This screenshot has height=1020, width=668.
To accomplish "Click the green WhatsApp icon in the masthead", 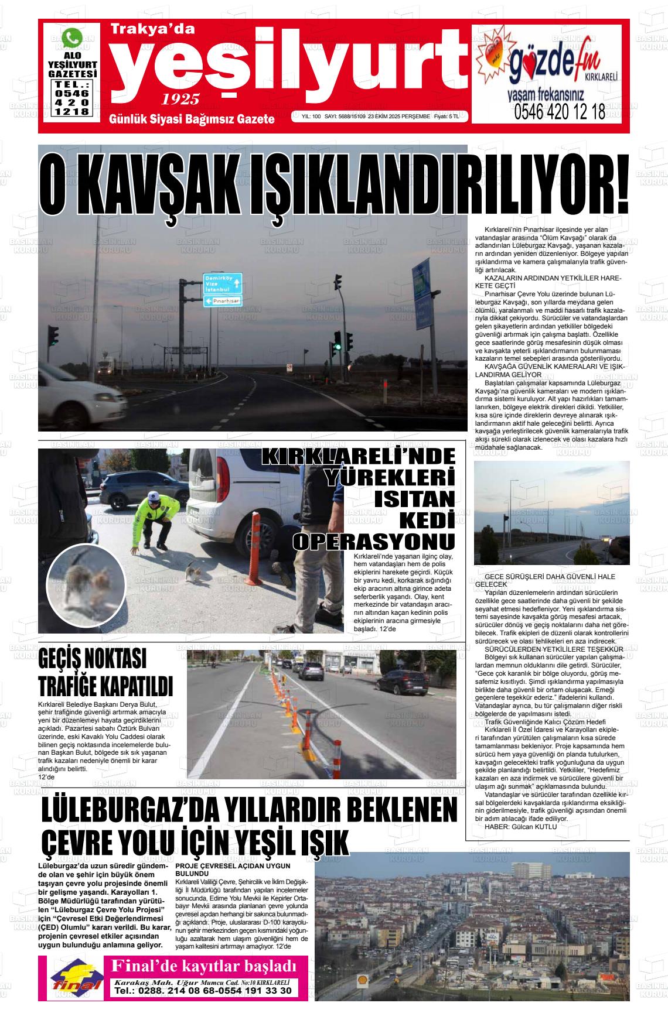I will click(x=73, y=38).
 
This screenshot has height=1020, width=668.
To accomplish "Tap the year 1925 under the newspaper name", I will click(x=180, y=98).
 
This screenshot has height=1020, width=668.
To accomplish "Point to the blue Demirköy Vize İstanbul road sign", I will click(x=223, y=283).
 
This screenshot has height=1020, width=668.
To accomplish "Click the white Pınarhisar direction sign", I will click(x=223, y=300).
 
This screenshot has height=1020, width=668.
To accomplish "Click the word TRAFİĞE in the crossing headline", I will click(x=77, y=686).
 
